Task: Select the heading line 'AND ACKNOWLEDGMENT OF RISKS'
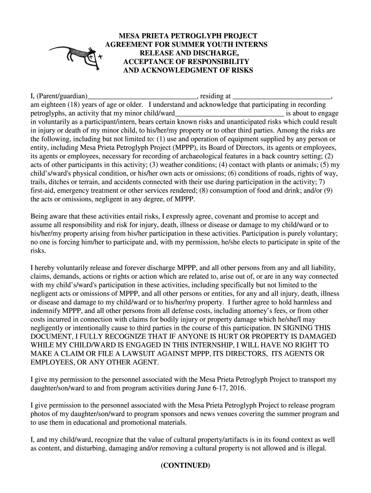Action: pyautogui.click(x=188, y=70)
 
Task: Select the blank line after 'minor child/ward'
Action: pyautogui.click(x=229, y=114)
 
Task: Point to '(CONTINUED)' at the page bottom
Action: pyautogui.click(x=185, y=466)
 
